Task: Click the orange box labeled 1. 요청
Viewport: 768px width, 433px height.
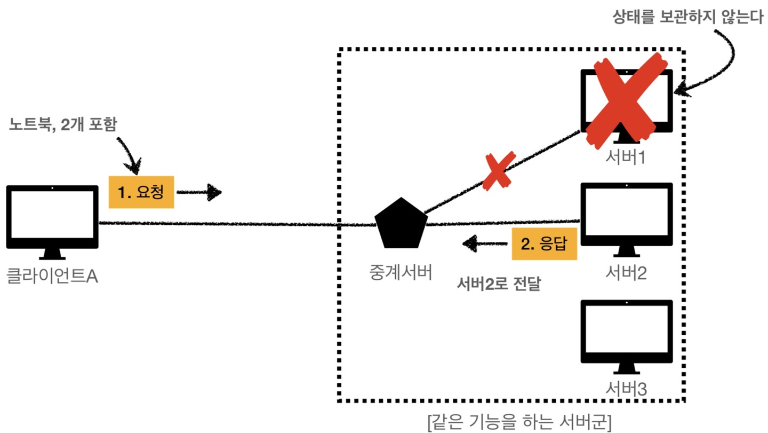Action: click(141, 192)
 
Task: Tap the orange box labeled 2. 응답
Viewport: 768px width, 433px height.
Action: click(544, 244)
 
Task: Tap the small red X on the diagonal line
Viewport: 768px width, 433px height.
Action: click(498, 170)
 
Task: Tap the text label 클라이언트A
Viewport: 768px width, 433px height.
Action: click(52, 277)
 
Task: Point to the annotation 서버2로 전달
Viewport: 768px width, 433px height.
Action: click(499, 285)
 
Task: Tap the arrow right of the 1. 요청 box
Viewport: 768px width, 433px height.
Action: click(199, 192)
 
